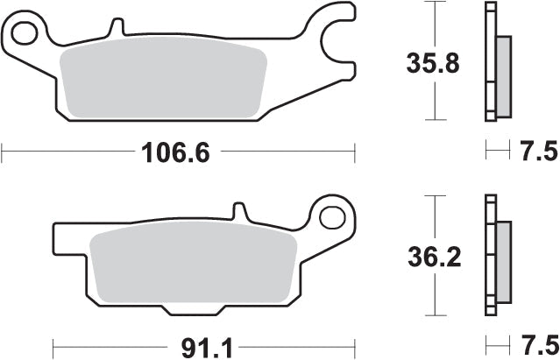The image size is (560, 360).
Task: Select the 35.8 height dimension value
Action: point(431,64)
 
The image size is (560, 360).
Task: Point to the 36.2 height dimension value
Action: point(431,258)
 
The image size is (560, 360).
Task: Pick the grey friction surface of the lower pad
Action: point(193,263)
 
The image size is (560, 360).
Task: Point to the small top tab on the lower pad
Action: point(237,212)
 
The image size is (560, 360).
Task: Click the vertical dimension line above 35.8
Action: point(431,26)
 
